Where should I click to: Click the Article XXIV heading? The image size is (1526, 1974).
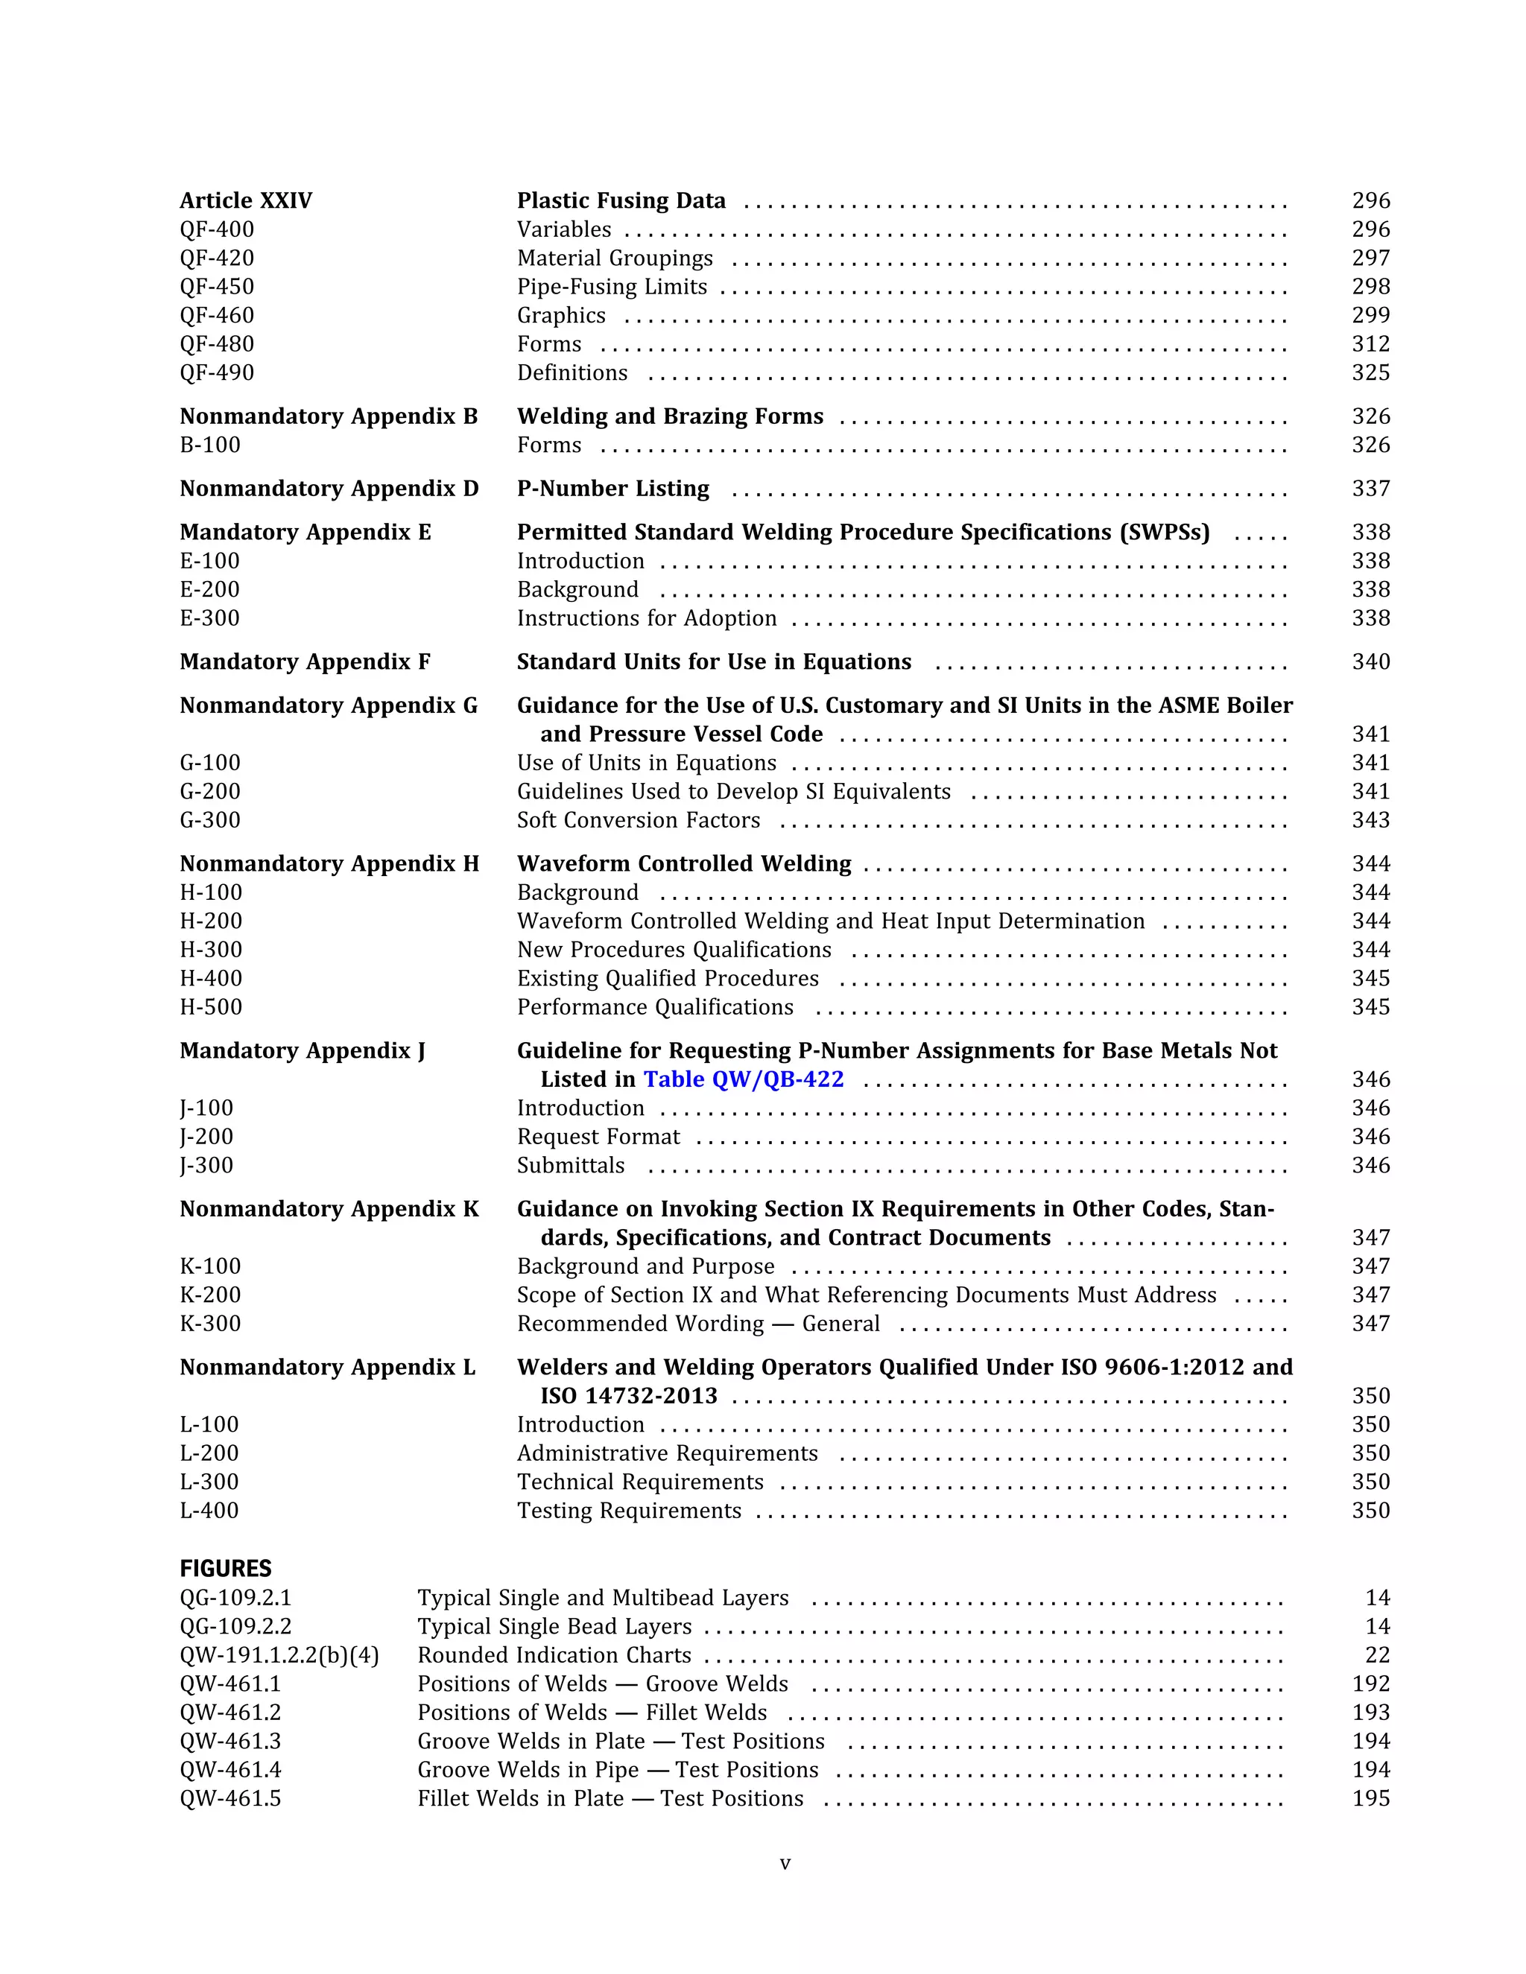pyautogui.click(x=246, y=200)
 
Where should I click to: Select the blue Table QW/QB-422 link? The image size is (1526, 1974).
pyautogui.click(x=743, y=1079)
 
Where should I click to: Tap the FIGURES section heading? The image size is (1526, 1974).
pyautogui.click(x=225, y=1568)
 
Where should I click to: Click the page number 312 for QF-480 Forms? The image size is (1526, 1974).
pyautogui.click(x=1370, y=344)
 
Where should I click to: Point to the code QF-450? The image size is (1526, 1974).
pyautogui.click(x=217, y=287)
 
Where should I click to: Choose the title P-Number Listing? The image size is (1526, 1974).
pyautogui.click(x=613, y=489)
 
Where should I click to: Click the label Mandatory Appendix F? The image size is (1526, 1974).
pyautogui.click(x=305, y=662)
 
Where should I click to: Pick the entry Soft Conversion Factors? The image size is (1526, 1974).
pyautogui.click(x=639, y=821)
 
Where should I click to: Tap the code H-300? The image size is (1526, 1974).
pyautogui.click(x=211, y=950)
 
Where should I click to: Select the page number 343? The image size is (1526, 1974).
pyautogui.click(x=1370, y=821)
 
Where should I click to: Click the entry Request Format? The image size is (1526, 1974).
pyautogui.click(x=598, y=1137)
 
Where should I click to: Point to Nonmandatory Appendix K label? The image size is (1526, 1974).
pyautogui.click(x=329, y=1209)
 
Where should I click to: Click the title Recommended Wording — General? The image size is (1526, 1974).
pyautogui.click(x=698, y=1324)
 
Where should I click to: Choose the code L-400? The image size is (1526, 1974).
pyautogui.click(x=209, y=1511)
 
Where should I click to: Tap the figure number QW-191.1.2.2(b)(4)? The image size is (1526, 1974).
pyautogui.click(x=279, y=1655)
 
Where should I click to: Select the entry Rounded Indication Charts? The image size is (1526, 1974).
pyautogui.click(x=554, y=1655)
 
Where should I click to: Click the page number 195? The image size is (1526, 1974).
pyautogui.click(x=1370, y=1799)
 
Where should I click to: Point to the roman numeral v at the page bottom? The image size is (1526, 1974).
pyautogui.click(x=785, y=1863)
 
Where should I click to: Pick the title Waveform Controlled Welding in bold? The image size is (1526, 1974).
pyautogui.click(x=683, y=864)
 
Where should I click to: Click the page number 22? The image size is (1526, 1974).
pyautogui.click(x=1377, y=1655)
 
